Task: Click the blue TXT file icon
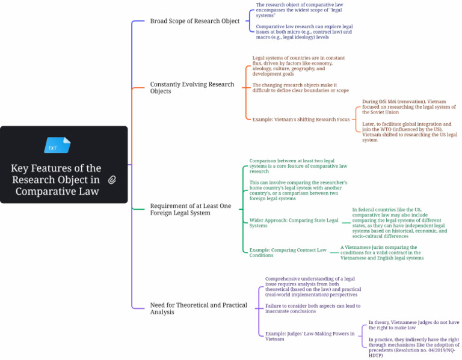pyautogui.click(x=58, y=145)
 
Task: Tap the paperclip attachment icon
pyautogui.click(x=112, y=180)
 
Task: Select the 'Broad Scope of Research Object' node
pyautogui.click(x=195, y=21)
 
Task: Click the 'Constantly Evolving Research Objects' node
pyautogui.click(x=192, y=87)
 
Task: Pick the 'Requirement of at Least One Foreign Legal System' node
pyautogui.click(x=191, y=209)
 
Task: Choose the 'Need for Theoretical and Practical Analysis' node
pyautogui.click(x=199, y=308)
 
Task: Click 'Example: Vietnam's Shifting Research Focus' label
pyautogui.click(x=301, y=119)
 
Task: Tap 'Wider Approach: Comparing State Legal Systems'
pyautogui.click(x=294, y=223)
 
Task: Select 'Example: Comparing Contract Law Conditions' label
pyautogui.click(x=288, y=252)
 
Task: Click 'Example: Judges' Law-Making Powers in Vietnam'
pyautogui.click(x=310, y=336)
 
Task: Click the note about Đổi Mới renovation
pyautogui.click(x=409, y=107)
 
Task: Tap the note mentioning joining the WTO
pyautogui.click(x=410, y=132)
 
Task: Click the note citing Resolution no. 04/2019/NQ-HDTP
pyautogui.click(x=414, y=347)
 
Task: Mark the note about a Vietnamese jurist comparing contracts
pyautogui.click(x=382, y=252)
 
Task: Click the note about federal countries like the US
pyautogui.click(x=399, y=223)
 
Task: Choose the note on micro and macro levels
pyautogui.click(x=304, y=32)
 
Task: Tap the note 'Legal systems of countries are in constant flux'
pyautogui.click(x=298, y=66)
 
